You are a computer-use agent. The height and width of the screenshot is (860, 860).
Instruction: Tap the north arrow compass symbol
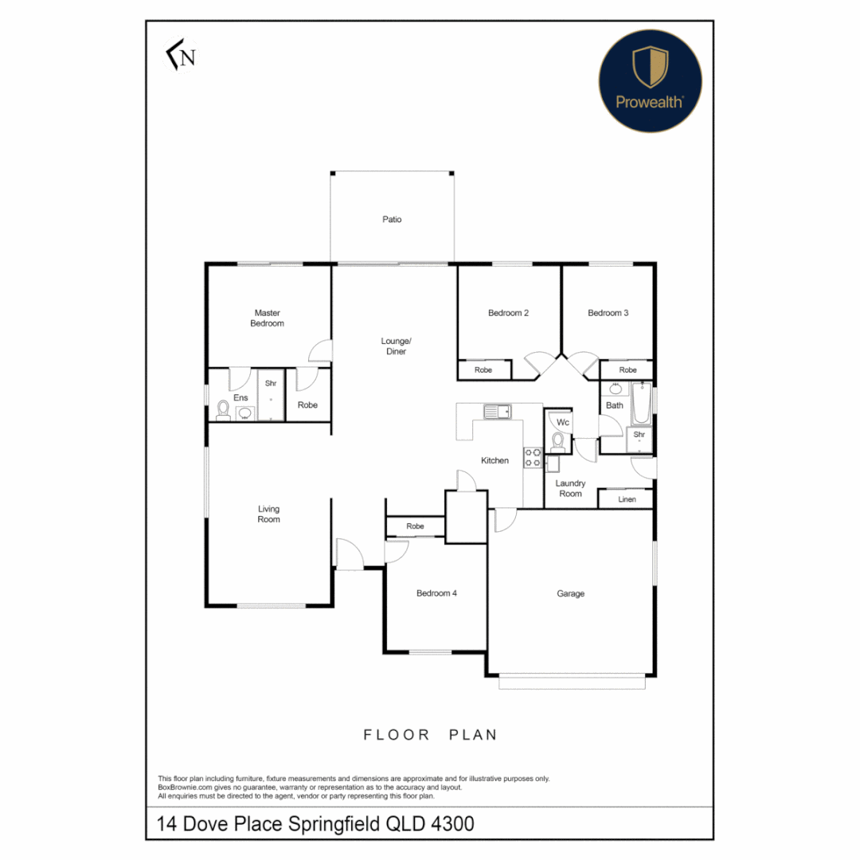click(181, 57)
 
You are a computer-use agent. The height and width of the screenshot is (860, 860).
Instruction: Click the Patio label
click(391, 219)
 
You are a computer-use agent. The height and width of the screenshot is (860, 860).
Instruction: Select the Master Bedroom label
click(267, 319)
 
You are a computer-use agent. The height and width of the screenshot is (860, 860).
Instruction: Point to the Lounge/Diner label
click(396, 346)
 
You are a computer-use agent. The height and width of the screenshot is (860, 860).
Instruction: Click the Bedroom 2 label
click(508, 313)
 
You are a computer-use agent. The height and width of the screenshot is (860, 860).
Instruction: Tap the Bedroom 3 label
click(608, 313)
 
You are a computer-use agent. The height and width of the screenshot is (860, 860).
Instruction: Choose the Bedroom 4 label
click(436, 593)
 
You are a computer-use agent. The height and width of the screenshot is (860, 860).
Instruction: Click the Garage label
click(570, 593)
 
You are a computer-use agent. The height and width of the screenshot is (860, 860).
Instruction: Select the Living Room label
click(268, 514)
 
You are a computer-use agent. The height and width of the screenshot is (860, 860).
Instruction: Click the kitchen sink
click(498, 411)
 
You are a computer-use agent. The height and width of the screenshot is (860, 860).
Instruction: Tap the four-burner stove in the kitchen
click(533, 457)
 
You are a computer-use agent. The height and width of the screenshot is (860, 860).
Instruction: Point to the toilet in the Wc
click(558, 440)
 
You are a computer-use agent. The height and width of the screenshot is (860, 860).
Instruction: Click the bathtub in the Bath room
click(642, 405)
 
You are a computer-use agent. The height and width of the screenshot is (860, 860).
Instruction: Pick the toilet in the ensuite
click(224, 410)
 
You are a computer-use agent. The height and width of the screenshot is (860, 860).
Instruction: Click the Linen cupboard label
click(627, 499)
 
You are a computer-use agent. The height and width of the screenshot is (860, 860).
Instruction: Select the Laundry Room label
click(570, 488)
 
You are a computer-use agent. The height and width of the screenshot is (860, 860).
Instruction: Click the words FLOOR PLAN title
click(430, 734)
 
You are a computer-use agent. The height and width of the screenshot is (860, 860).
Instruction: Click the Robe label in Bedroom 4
click(415, 526)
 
